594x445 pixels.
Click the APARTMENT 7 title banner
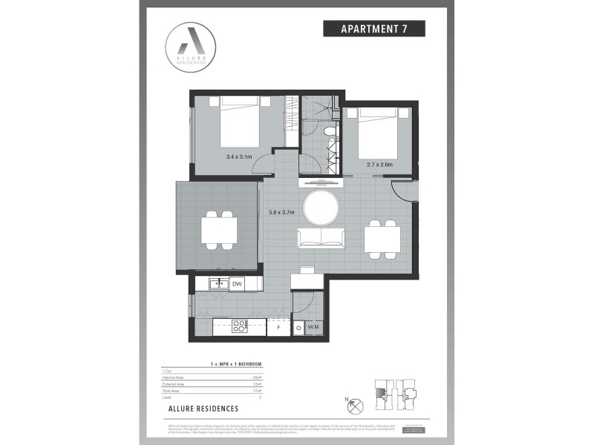point(373,29)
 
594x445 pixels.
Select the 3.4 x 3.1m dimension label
point(239,157)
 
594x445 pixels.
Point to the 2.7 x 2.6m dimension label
point(379,164)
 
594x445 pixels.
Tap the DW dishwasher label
point(237,284)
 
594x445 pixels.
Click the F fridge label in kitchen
point(278,327)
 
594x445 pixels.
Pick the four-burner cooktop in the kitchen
point(240,326)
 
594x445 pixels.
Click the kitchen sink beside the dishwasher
point(219,283)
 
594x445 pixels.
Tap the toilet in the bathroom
point(330,131)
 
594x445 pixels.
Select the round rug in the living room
point(321,207)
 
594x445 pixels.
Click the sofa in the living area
point(321,238)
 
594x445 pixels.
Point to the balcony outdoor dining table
point(218,229)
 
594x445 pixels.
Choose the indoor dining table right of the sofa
point(382,238)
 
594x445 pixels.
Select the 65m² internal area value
point(257,378)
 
